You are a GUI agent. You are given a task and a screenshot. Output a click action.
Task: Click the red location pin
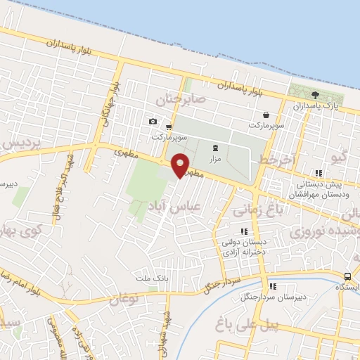(x=180, y=164)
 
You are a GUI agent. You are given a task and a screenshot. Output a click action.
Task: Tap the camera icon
(x=153, y=122)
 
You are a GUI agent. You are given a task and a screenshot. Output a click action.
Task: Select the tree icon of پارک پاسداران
(x=315, y=95)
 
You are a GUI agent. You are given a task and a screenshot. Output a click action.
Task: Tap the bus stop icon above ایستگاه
(x=348, y=276)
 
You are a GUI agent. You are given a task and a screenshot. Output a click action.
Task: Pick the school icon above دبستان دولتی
(x=244, y=231)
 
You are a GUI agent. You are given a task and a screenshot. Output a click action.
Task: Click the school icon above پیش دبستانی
(x=319, y=173)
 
